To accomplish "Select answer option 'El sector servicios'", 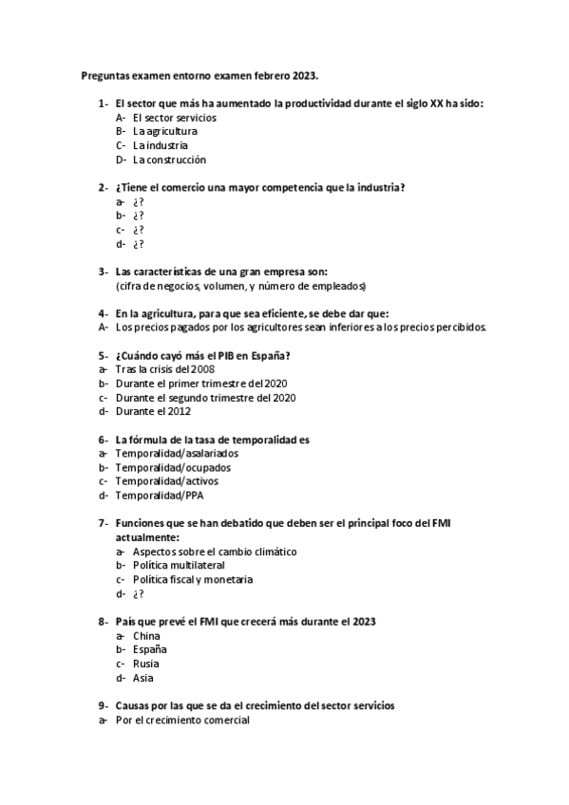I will (x=175, y=118).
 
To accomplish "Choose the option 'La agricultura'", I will (x=165, y=131).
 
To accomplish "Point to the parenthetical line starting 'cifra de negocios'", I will (x=241, y=286).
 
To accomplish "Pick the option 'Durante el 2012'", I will (x=153, y=412).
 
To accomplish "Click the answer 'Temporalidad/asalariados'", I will (x=177, y=454).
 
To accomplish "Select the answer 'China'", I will (x=146, y=635).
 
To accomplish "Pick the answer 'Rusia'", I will (x=146, y=664).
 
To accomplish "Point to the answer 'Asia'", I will (x=143, y=678).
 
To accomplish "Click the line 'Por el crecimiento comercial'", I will (x=182, y=720).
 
